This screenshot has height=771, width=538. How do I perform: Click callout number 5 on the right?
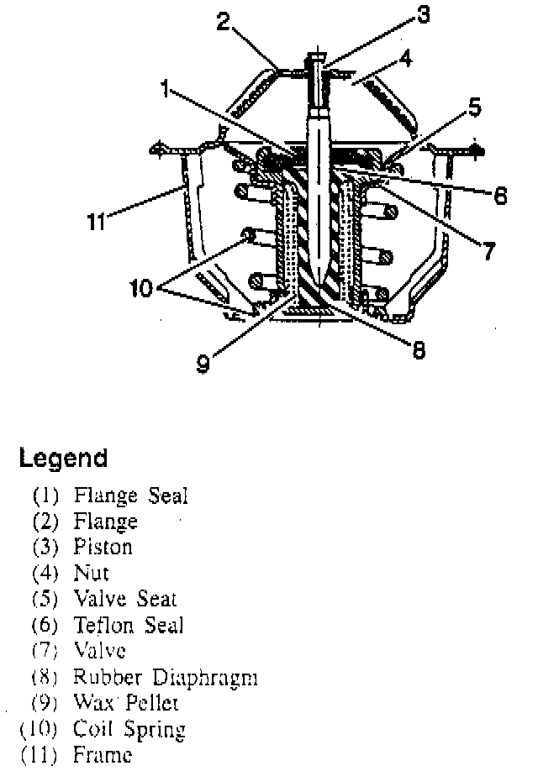[x=476, y=108]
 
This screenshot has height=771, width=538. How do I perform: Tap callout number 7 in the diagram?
[x=488, y=250]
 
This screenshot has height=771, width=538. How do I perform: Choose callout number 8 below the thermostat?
[x=418, y=350]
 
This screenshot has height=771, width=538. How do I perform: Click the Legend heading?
[x=64, y=459]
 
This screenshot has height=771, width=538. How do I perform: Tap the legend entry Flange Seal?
[x=130, y=496]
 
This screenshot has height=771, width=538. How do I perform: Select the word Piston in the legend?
[x=103, y=548]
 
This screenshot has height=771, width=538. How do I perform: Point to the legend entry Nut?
[x=91, y=574]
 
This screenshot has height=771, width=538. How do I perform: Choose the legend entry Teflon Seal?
[x=128, y=625]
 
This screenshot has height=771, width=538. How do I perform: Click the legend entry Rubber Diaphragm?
[x=165, y=677]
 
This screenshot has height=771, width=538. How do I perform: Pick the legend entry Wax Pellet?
[x=126, y=702]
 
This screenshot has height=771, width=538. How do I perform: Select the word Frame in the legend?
[x=103, y=754]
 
